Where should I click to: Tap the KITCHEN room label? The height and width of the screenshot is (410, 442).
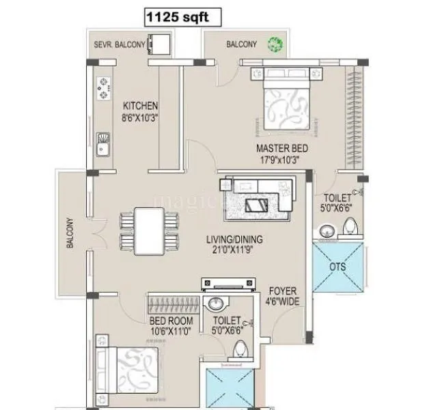tap(140, 106)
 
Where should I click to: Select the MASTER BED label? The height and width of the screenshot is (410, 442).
tap(282, 148)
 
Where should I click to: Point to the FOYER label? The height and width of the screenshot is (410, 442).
tap(281, 290)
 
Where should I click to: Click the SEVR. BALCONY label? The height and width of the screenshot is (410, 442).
tap(120, 45)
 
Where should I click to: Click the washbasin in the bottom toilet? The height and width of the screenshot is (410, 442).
tap(217, 303)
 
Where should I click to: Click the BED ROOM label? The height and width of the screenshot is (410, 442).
tap(171, 320)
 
